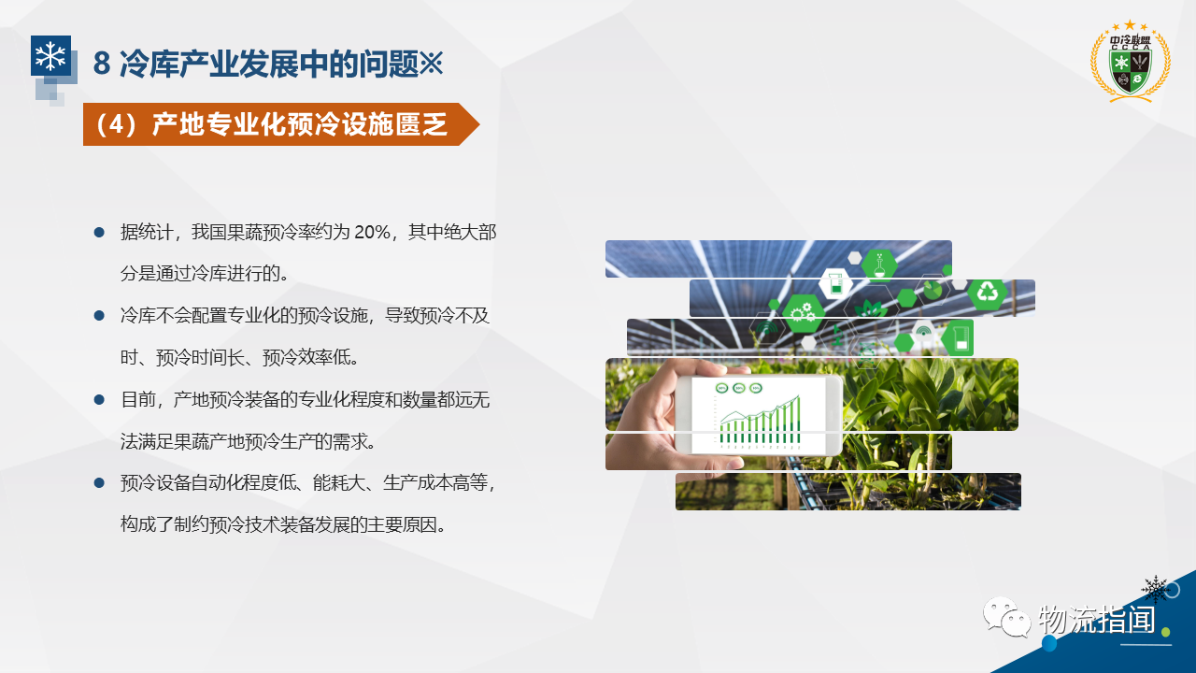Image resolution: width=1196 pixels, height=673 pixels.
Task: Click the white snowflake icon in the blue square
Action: point(50,55)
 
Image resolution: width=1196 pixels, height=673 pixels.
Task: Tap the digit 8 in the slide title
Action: point(102,64)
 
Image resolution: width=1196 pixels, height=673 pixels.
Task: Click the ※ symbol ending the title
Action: point(431,63)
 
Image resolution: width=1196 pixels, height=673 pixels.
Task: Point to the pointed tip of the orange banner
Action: point(479,124)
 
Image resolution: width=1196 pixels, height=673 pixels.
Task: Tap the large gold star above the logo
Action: point(1130,25)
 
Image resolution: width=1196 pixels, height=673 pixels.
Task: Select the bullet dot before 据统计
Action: point(99,232)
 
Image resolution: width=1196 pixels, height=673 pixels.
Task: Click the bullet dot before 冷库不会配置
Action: point(99,316)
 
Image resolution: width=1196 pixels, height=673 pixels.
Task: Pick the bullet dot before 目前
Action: point(99,399)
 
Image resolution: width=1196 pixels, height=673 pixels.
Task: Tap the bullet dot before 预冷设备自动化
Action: point(99,483)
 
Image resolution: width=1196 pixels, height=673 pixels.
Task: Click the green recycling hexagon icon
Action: point(988,293)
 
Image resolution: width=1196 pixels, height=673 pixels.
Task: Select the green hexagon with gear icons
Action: point(803,313)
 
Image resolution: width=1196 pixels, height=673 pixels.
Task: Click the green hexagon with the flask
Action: point(879,265)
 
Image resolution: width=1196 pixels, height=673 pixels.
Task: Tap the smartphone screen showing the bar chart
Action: point(759,414)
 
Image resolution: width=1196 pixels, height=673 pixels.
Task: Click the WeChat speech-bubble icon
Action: point(1006,618)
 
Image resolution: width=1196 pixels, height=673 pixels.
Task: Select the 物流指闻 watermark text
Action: point(1097,620)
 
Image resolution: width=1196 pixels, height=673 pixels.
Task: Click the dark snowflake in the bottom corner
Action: point(1156,589)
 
